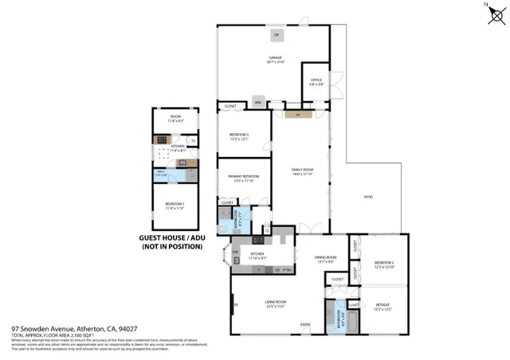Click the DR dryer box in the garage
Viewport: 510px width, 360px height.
tap(277, 35)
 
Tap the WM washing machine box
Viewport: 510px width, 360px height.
tap(257, 101)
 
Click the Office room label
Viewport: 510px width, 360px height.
tap(315, 80)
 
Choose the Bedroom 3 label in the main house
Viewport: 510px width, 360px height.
tap(239, 135)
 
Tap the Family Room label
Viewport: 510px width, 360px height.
tap(302, 170)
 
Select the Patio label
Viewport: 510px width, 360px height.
tap(369, 196)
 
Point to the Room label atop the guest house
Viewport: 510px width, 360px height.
tap(175, 118)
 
